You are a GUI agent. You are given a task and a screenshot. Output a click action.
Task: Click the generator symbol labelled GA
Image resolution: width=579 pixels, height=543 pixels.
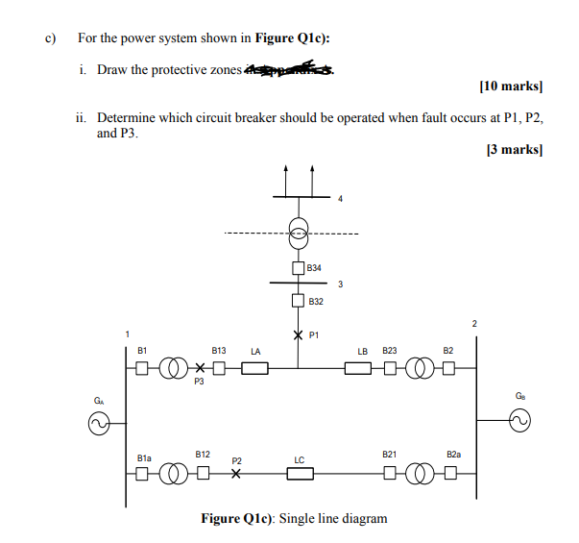[98, 420]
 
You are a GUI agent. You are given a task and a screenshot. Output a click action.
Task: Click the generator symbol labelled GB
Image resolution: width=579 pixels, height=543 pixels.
[519, 420]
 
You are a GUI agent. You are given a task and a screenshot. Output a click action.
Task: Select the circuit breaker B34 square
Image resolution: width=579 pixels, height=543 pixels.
[299, 267]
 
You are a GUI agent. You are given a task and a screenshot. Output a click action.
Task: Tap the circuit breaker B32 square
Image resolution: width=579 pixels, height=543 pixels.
[299, 301]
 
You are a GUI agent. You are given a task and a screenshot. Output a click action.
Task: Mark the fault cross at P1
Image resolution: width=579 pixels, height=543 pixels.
[299, 335]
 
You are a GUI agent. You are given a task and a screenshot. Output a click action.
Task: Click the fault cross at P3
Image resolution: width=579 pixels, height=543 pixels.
[200, 367]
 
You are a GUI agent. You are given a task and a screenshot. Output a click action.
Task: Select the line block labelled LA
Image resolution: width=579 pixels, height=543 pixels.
[254, 367]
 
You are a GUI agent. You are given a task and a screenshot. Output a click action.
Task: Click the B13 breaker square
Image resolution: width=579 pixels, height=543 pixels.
[219, 367]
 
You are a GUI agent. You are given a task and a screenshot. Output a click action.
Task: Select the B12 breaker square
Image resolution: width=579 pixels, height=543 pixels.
[203, 473]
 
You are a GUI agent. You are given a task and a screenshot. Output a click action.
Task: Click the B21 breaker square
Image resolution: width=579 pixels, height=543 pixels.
[390, 473]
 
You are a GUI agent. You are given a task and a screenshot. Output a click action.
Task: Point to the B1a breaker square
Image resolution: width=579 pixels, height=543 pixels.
[142, 473]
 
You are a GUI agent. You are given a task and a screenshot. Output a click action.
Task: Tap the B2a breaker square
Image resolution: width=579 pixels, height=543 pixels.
[447, 473]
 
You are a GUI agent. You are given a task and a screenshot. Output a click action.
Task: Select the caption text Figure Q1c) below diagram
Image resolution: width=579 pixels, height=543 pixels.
[294, 519]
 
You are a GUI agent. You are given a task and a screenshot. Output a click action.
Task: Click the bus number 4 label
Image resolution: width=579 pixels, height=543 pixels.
[339, 200]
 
